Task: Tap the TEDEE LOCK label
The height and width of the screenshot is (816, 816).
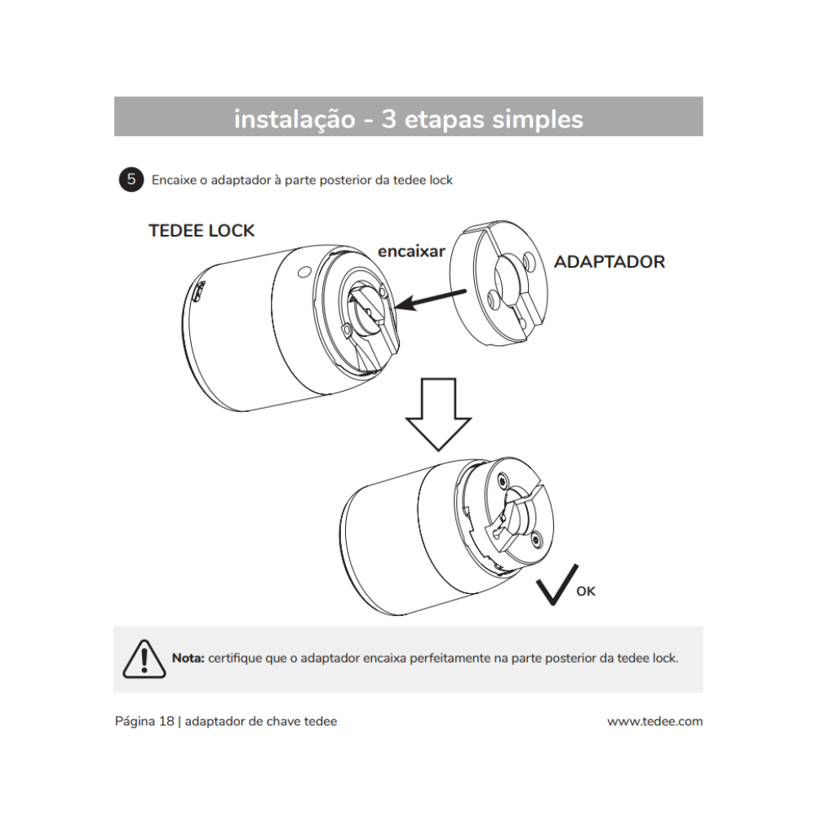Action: [202, 231]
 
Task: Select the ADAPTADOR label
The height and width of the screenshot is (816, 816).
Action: [609, 262]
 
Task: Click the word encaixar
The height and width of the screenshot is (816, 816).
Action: [411, 251]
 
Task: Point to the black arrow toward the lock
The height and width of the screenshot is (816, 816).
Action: [431, 299]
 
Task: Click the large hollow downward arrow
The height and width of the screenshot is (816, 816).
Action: [439, 413]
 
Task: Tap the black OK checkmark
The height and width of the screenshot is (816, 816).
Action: [554, 584]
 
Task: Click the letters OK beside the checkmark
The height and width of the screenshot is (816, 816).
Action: [586, 592]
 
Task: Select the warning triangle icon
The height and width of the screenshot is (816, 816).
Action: [144, 658]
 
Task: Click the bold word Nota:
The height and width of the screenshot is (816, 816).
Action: [188, 658]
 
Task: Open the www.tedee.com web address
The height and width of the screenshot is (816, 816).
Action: [654, 721]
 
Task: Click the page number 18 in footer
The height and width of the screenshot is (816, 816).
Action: [166, 721]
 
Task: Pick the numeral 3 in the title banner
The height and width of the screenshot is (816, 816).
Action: [389, 119]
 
